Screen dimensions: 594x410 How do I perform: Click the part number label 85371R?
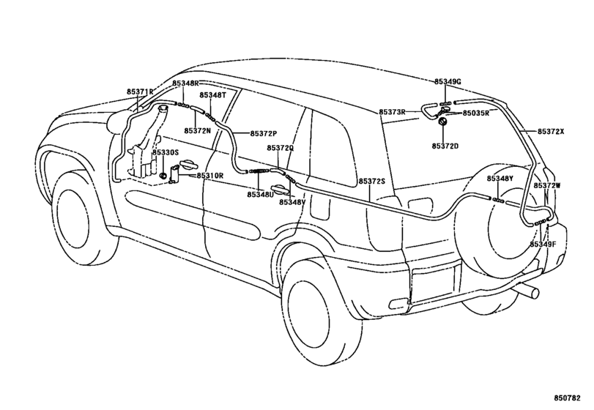click(x=140, y=92)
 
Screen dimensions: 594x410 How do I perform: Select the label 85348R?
click(x=185, y=83)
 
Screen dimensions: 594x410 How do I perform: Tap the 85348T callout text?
click(x=213, y=95)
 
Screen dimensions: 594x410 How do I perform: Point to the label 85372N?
click(x=197, y=130)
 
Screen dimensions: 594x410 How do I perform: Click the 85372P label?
click(x=264, y=133)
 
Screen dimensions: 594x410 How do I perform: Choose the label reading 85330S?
click(x=166, y=152)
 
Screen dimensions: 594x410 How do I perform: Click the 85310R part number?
click(x=210, y=176)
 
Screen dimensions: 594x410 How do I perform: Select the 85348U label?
click(x=260, y=194)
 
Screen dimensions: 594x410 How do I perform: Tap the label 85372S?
click(x=372, y=182)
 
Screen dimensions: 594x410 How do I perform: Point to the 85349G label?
click(x=448, y=82)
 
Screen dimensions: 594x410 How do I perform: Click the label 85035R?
click(x=476, y=113)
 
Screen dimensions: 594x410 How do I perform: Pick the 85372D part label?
click(x=445, y=146)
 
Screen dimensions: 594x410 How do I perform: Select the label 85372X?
click(x=551, y=132)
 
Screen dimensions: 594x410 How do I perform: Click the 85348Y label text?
click(x=500, y=179)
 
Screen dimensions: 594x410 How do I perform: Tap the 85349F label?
click(x=543, y=245)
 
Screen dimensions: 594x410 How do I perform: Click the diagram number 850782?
click(x=567, y=398)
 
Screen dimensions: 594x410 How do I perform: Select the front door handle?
click(x=188, y=163)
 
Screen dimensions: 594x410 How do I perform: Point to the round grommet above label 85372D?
click(x=442, y=122)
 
